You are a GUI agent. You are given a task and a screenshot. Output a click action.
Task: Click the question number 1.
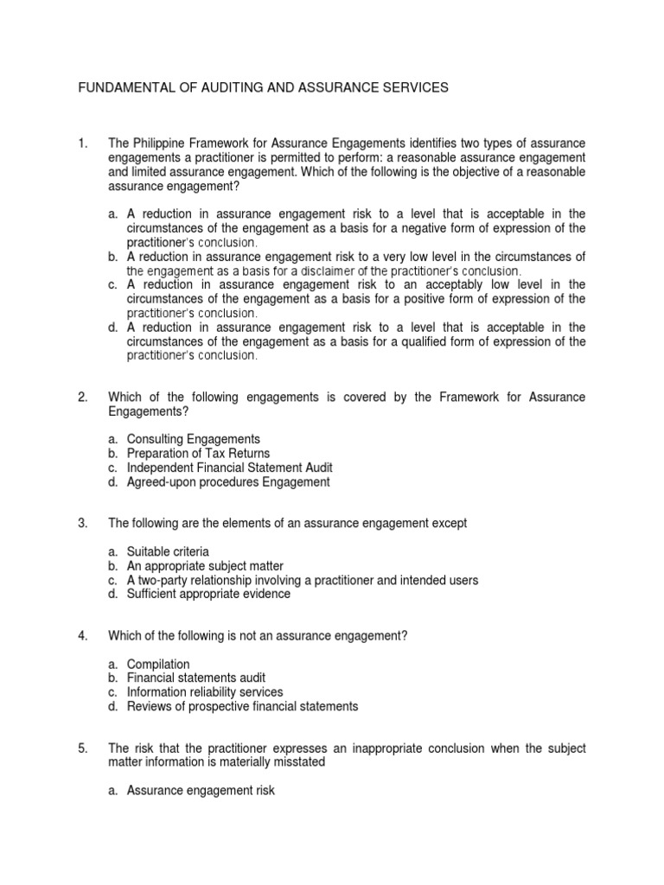pyautogui.click(x=82, y=143)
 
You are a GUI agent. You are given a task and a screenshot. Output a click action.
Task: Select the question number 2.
pyautogui.click(x=82, y=397)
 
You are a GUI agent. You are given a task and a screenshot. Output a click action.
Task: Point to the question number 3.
pyautogui.click(x=82, y=524)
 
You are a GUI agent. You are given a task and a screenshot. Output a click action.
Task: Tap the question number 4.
pyautogui.click(x=82, y=636)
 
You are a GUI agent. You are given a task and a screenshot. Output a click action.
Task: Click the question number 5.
pyautogui.click(x=82, y=748)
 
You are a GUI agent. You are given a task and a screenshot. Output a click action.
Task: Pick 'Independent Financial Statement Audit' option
pyautogui.click(x=229, y=468)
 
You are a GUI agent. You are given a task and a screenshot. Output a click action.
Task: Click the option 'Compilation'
pyautogui.click(x=158, y=664)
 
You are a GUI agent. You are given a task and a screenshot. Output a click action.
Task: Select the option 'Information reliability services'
pyautogui.click(x=205, y=692)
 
